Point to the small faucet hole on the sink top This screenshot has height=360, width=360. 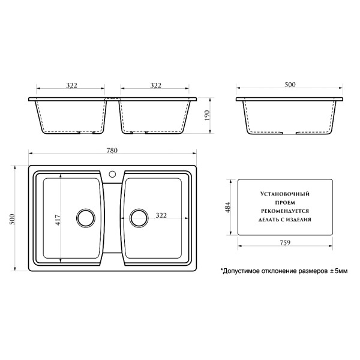coord(112,175)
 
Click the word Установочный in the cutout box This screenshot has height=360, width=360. coord(284,195)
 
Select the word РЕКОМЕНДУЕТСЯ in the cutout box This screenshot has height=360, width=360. coord(284,212)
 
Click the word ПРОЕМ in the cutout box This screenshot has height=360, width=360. coord(284,203)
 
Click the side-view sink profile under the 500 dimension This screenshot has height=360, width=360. coord(290,117)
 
